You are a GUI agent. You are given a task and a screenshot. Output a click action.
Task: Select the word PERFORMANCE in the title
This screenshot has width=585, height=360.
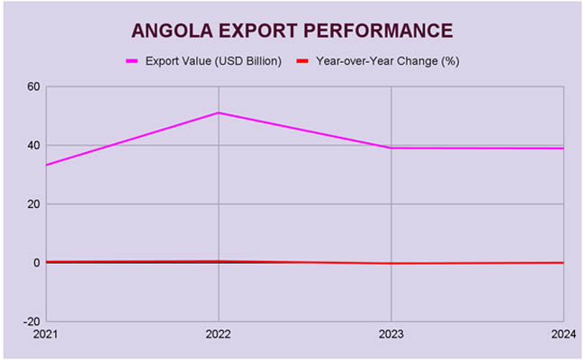[377, 30]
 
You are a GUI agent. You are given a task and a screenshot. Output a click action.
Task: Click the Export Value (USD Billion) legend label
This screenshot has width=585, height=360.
[213, 61]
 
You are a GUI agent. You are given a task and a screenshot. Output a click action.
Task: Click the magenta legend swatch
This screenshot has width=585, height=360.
[132, 61]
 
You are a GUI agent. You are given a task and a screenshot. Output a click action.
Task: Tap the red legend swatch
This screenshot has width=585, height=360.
[303, 61]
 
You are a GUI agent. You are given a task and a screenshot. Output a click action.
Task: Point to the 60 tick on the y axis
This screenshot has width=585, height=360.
[34, 86]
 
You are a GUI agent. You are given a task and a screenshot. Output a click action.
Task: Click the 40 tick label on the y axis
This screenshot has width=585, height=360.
[34, 145]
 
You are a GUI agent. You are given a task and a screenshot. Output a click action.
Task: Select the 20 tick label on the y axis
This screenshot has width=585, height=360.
[34, 204]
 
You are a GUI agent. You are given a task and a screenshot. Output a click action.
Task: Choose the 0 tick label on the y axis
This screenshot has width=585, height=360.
[37, 263]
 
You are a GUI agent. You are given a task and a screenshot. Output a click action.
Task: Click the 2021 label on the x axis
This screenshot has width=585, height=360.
[47, 335]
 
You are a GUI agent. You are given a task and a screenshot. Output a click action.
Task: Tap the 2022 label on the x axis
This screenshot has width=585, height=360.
[219, 335]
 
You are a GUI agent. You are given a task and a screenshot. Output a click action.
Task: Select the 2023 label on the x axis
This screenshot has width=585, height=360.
[391, 335]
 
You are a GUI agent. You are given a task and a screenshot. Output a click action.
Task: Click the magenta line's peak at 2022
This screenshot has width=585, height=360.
[219, 112]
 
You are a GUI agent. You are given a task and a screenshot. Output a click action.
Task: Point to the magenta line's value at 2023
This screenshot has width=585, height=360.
[391, 148]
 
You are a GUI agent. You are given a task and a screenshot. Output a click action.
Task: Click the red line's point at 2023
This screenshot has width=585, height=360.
[391, 264]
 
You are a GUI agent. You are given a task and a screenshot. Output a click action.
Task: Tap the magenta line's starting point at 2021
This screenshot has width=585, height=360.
[47, 165]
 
